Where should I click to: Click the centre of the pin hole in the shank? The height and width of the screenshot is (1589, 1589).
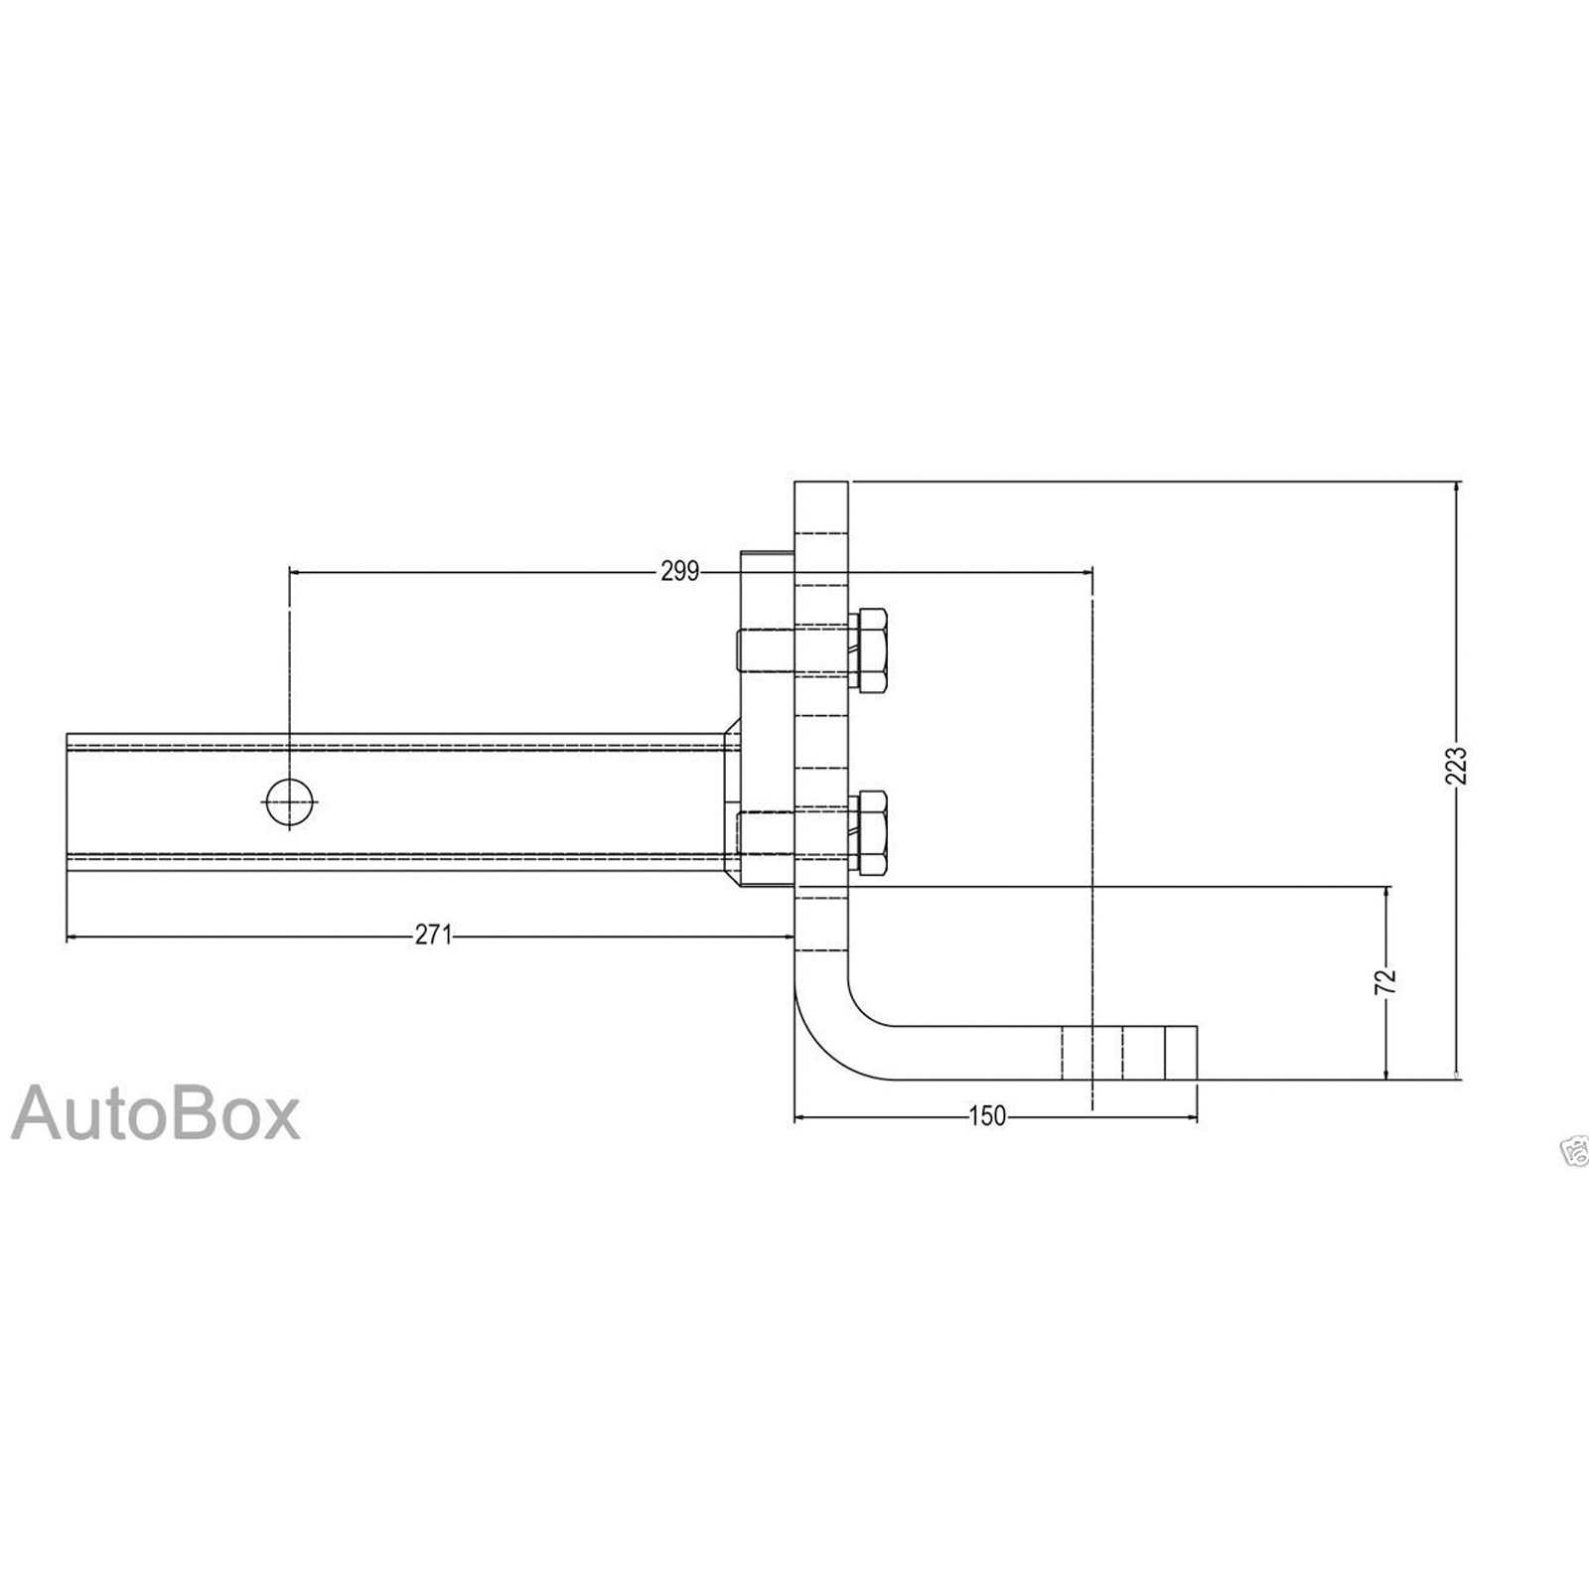tap(289, 801)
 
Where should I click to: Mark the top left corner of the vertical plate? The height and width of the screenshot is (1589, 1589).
tap(794, 482)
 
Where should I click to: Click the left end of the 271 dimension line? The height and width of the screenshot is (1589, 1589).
tap(67, 936)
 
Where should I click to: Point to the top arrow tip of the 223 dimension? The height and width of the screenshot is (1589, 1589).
tap(1456, 483)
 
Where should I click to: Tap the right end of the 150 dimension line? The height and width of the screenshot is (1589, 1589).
tap(1197, 1117)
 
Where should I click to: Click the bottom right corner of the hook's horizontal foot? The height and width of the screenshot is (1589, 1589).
tap(1197, 1080)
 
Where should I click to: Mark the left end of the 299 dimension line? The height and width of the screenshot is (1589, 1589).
tap(289, 571)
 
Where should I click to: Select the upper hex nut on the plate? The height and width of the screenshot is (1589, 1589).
tap(867, 650)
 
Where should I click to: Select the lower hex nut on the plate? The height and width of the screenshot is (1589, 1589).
tap(867, 834)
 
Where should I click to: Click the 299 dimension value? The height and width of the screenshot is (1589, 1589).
tap(679, 571)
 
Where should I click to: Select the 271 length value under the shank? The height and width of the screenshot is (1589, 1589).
tap(433, 936)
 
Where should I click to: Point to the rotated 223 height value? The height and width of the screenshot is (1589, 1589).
tap(1456, 765)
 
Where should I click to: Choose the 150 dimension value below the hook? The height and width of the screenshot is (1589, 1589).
tap(987, 1117)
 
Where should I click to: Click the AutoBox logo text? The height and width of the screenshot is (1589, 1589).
tap(156, 1114)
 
